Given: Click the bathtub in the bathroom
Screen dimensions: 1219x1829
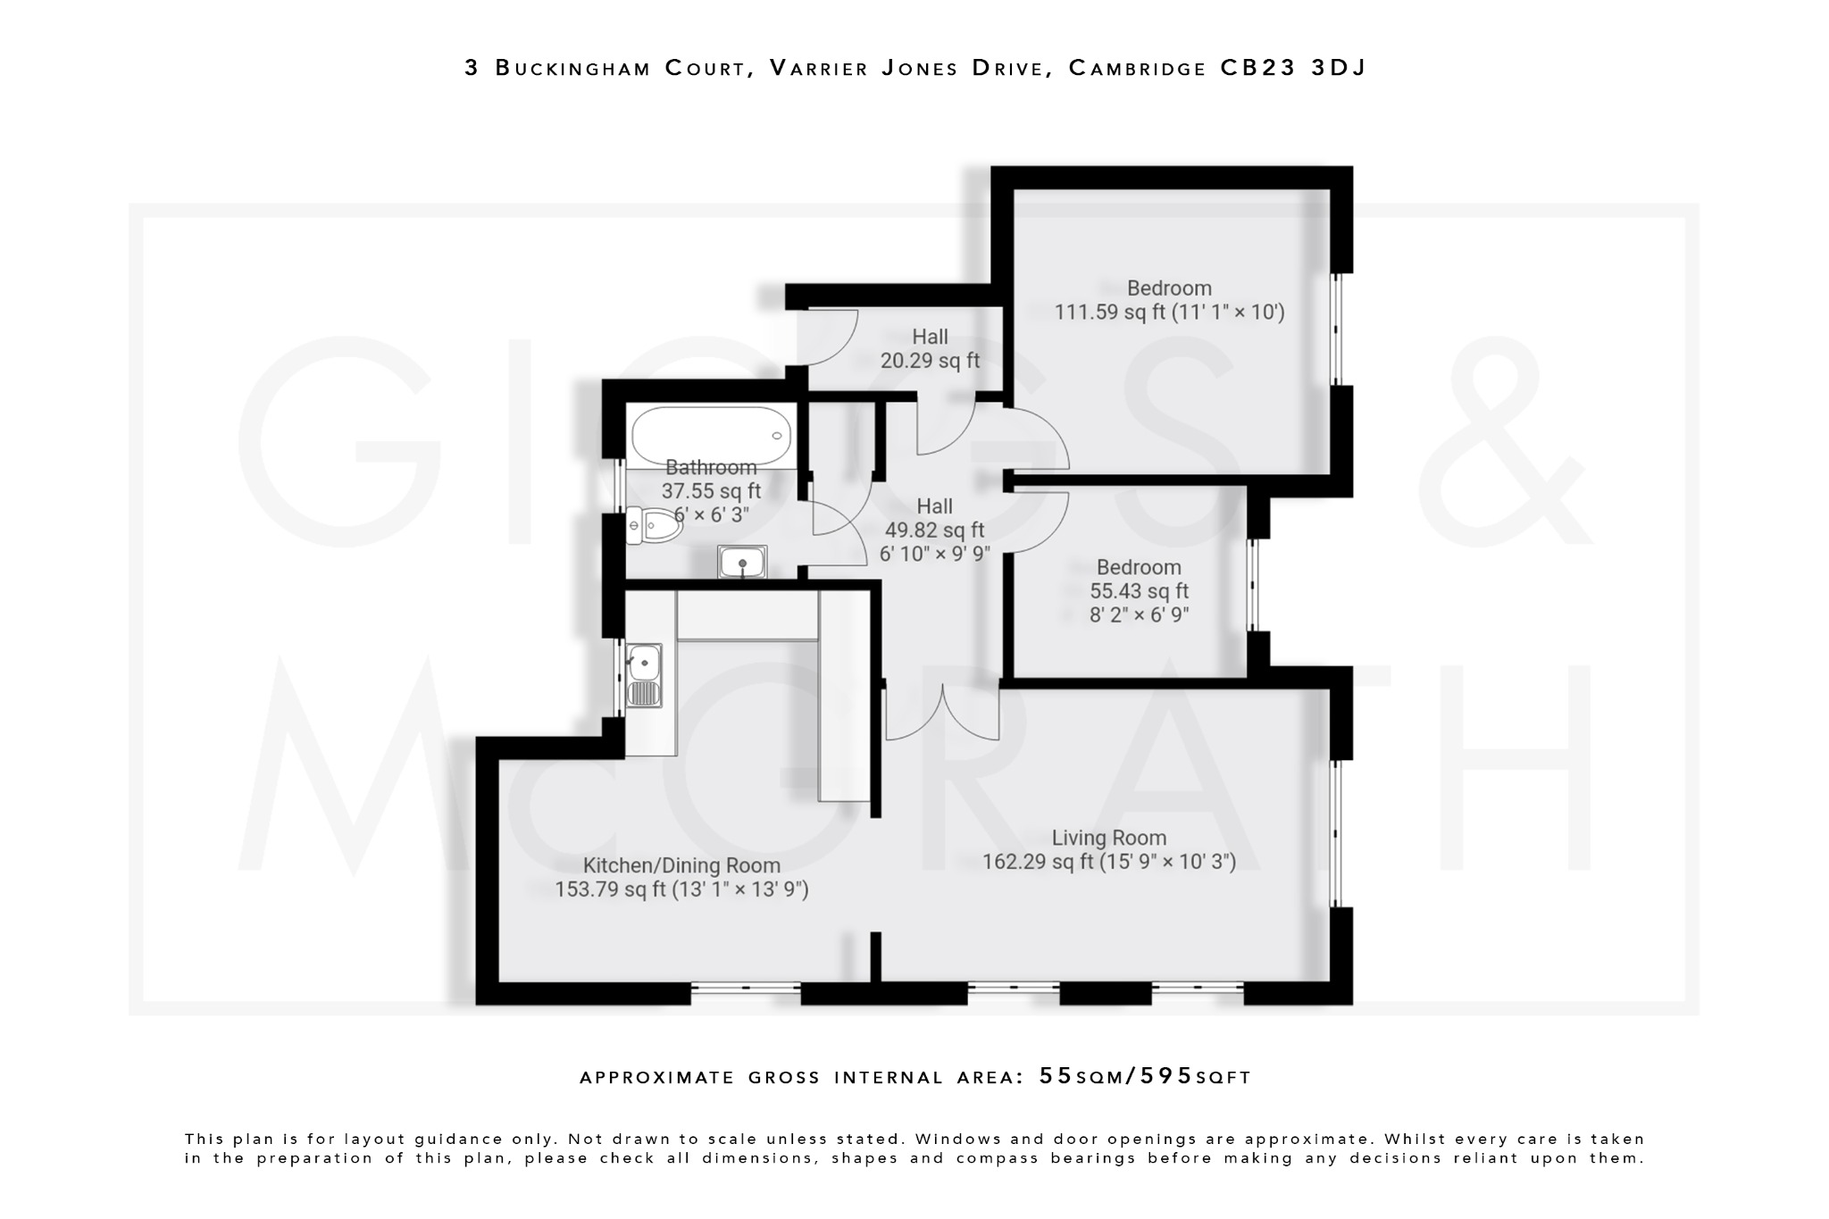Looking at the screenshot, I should (x=711, y=436).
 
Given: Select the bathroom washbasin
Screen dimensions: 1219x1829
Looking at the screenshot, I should (x=741, y=563).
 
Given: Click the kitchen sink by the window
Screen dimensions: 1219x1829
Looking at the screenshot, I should (x=644, y=675).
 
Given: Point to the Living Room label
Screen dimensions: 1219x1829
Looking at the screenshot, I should (x=1108, y=838).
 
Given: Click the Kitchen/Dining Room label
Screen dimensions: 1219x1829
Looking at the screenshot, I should (x=681, y=865).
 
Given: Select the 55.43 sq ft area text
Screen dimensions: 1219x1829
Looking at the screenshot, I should (x=1139, y=591).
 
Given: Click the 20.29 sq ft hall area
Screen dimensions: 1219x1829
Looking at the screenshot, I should (x=930, y=361).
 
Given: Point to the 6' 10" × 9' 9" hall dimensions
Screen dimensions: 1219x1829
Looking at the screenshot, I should (x=934, y=554).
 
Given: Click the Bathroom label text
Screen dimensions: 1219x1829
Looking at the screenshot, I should (x=711, y=467).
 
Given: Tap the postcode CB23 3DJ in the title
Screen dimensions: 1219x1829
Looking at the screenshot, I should (x=1293, y=68).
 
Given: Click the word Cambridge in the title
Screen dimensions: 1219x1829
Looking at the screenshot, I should (x=1138, y=68).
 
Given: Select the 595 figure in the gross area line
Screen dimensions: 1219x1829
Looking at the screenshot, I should (x=1161, y=1076).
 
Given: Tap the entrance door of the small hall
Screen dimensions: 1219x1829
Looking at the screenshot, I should (x=829, y=338).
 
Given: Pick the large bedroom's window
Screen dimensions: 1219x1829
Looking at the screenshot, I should (x=1337, y=329).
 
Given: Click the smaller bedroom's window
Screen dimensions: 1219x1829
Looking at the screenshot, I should (x=1253, y=585).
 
